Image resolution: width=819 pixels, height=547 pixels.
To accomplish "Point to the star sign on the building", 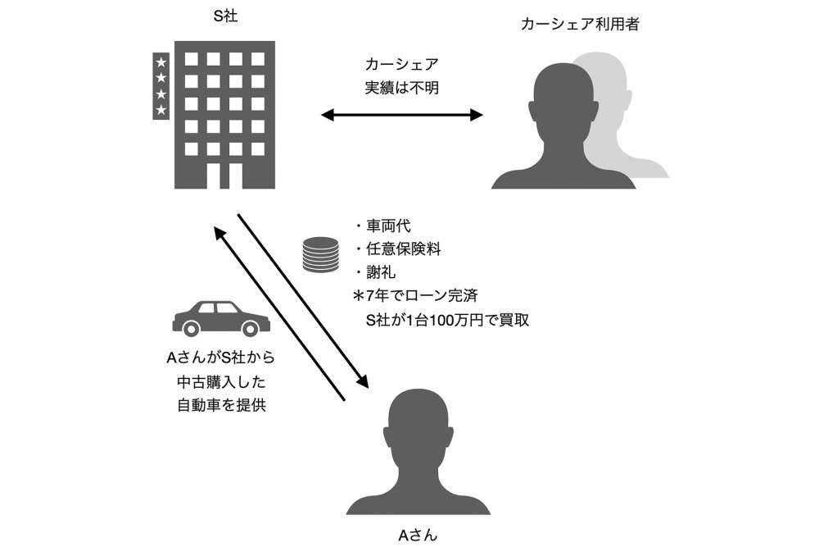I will point(161,85).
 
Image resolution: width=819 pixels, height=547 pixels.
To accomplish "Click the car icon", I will point(221,318).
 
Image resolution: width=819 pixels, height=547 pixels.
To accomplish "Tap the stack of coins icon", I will point(320,255).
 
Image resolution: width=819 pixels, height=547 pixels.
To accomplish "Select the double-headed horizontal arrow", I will point(402,115).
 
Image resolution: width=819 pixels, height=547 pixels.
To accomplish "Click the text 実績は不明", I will point(402,87).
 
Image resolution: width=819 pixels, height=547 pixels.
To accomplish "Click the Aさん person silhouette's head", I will point(419,426).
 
